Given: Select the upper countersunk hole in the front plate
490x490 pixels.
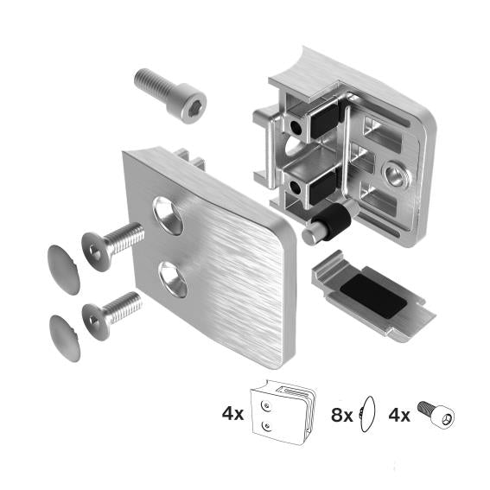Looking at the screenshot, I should pyautogui.click(x=169, y=214).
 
